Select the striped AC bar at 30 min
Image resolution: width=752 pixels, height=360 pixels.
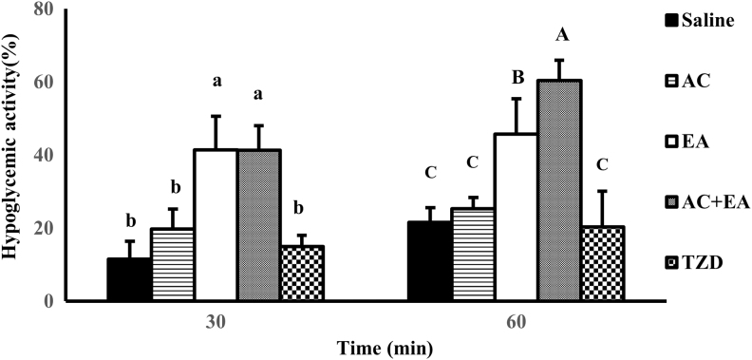coord(172,264)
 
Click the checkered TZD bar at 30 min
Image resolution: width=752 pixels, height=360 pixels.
coord(303,274)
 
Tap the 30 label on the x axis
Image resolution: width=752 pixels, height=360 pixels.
coord(216,321)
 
